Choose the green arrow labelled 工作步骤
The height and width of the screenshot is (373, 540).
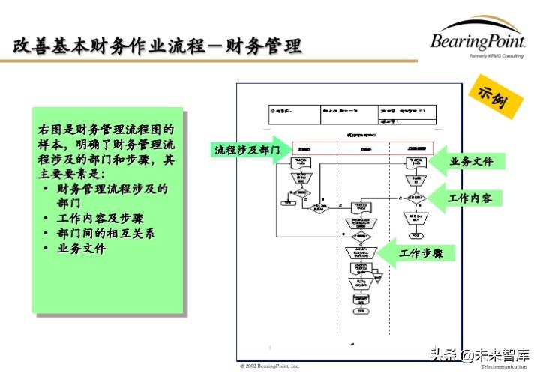click(424, 254)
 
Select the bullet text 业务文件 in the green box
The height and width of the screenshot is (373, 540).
click(82, 248)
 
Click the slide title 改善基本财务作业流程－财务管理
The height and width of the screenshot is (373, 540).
click(157, 46)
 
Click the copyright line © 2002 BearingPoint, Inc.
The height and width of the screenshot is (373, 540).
click(269, 366)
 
